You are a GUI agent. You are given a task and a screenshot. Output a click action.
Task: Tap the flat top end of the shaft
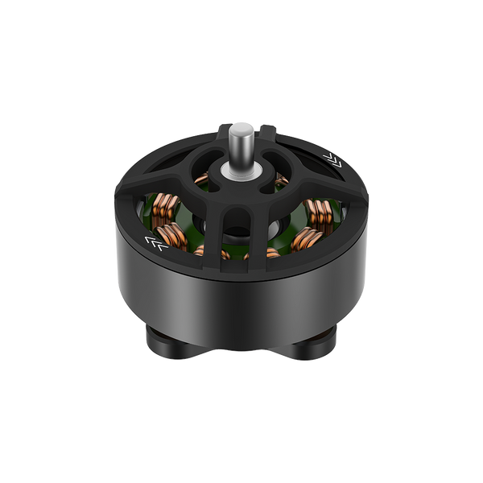point(240,125)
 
